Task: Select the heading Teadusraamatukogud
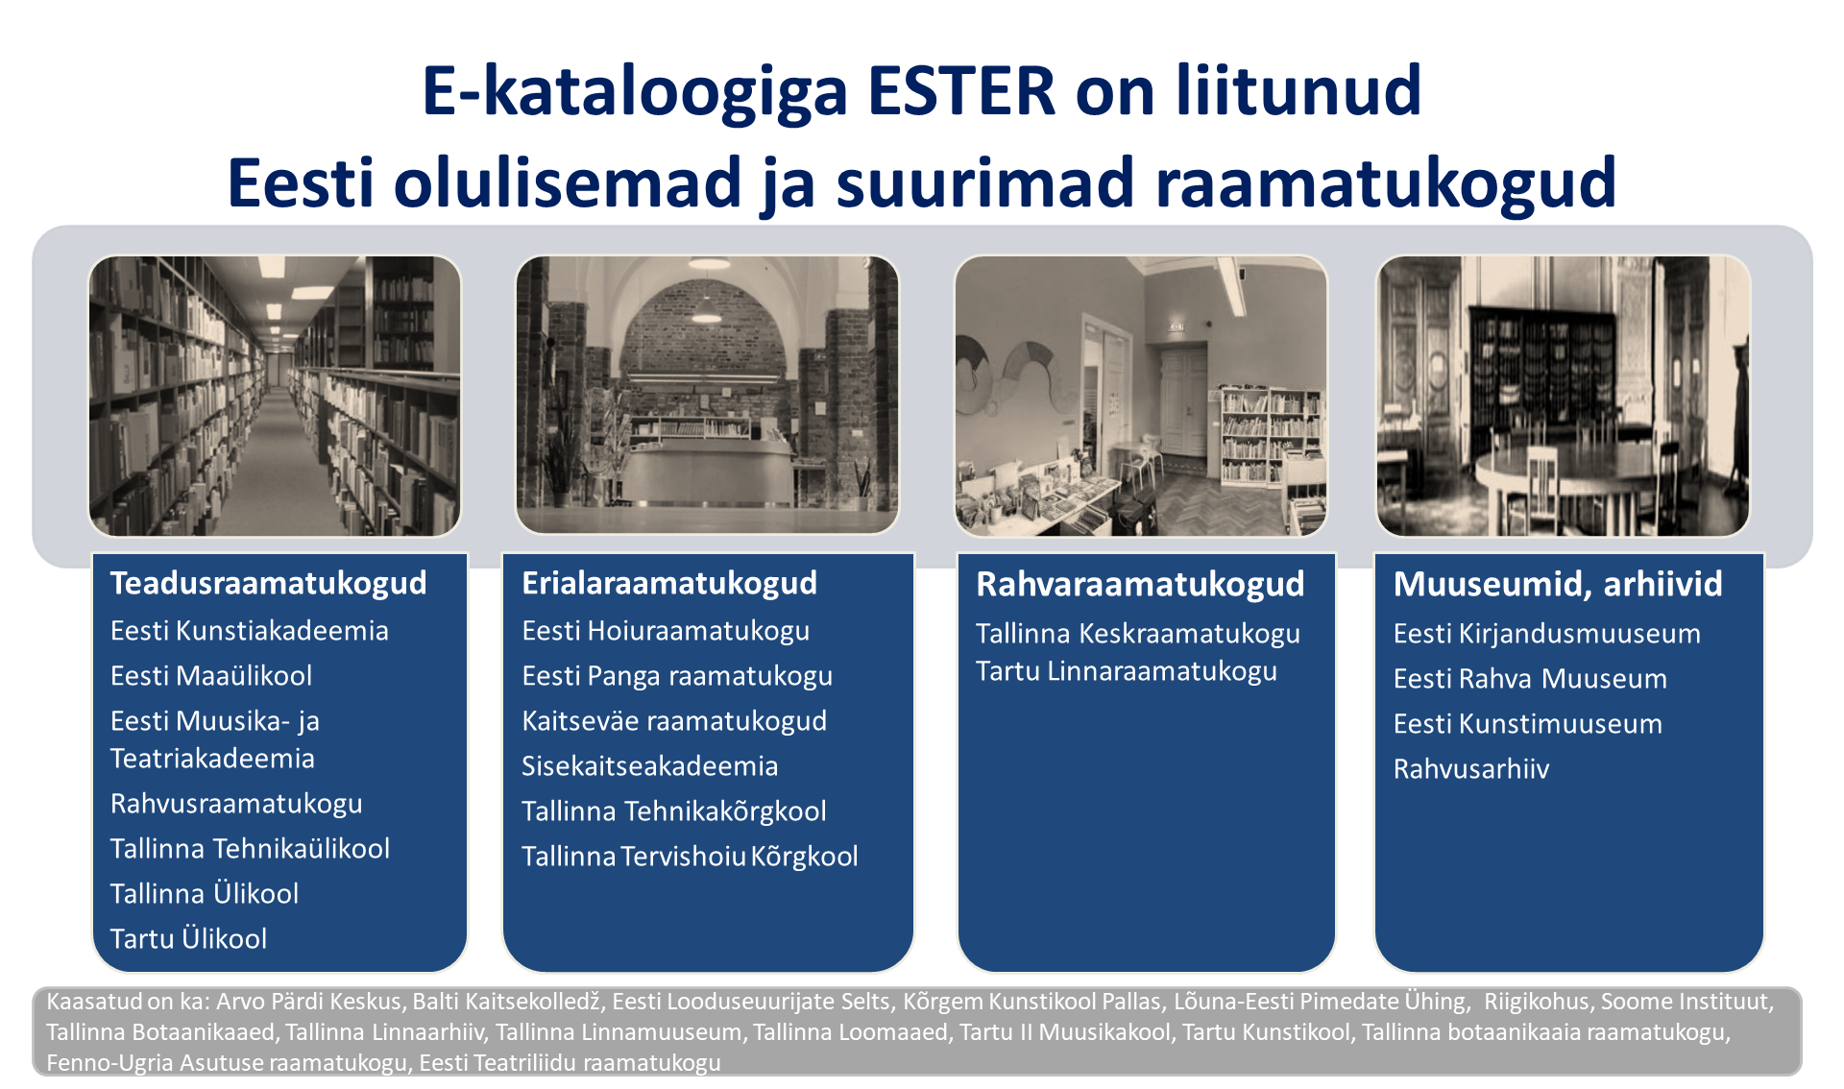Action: click(x=268, y=583)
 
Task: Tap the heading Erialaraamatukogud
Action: click(x=669, y=583)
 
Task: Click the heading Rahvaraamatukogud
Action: click(x=1140, y=584)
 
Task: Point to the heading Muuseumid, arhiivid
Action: click(x=1558, y=584)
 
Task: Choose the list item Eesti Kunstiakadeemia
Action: click(x=250, y=631)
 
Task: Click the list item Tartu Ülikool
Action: click(x=188, y=938)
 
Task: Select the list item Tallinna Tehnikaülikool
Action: click(x=250, y=849)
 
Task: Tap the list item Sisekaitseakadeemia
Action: click(x=650, y=766)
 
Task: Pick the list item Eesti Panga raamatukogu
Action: click(x=677, y=676)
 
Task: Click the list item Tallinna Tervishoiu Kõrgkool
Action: click(x=690, y=857)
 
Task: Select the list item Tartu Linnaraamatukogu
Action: click(x=1127, y=671)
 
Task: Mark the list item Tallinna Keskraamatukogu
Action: click(x=1138, y=634)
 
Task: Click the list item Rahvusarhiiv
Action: click(x=1471, y=769)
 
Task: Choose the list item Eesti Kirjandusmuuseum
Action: click(x=1547, y=634)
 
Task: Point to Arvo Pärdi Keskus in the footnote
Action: click(x=308, y=1002)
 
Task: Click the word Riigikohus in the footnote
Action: click(x=1537, y=1002)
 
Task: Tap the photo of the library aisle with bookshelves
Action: click(x=275, y=396)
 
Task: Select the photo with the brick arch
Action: click(x=707, y=395)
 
